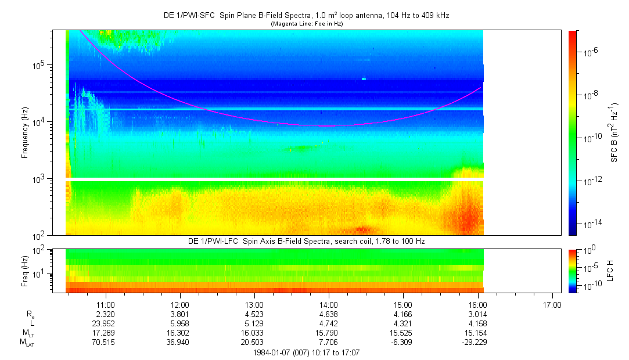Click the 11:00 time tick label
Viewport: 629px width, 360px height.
point(105,304)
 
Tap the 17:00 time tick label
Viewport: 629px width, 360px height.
point(552,304)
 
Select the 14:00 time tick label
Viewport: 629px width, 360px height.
point(329,304)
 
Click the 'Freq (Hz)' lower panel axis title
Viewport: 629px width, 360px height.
point(25,270)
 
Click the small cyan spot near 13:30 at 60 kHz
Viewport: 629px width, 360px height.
point(364,78)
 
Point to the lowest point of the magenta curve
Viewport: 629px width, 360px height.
point(325,125)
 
